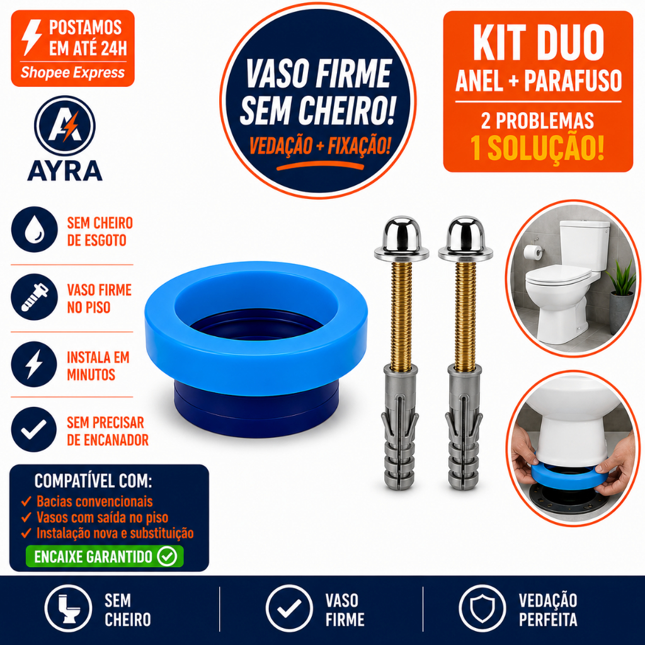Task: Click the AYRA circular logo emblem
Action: coord(65,126)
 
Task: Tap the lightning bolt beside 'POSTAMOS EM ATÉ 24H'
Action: coord(31,37)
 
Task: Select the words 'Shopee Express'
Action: coord(72,72)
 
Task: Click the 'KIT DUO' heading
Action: coord(538,43)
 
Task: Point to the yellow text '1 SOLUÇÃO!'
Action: coord(538,148)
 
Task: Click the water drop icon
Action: coord(35,229)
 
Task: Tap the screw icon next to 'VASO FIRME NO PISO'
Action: coord(35,297)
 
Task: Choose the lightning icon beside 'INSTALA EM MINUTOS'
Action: coord(34,364)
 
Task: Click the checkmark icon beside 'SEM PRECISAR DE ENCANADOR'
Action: coord(34,430)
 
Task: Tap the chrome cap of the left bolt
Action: coord(401,238)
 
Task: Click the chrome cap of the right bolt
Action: coord(465,238)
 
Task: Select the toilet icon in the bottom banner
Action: coord(68,608)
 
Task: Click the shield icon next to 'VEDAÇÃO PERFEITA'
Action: coord(482,608)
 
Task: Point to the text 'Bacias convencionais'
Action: coord(94,501)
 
